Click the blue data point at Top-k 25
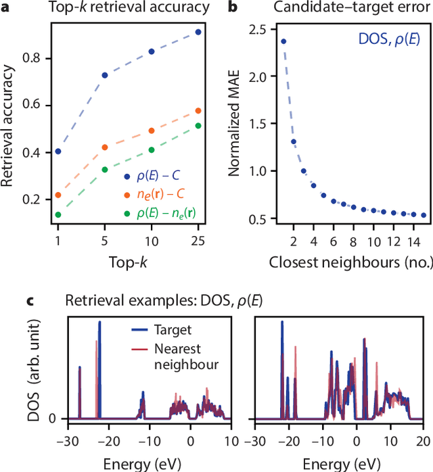point(198,32)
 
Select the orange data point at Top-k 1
point(58,195)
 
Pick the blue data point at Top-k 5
point(105,75)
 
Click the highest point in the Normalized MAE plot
point(283,41)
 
